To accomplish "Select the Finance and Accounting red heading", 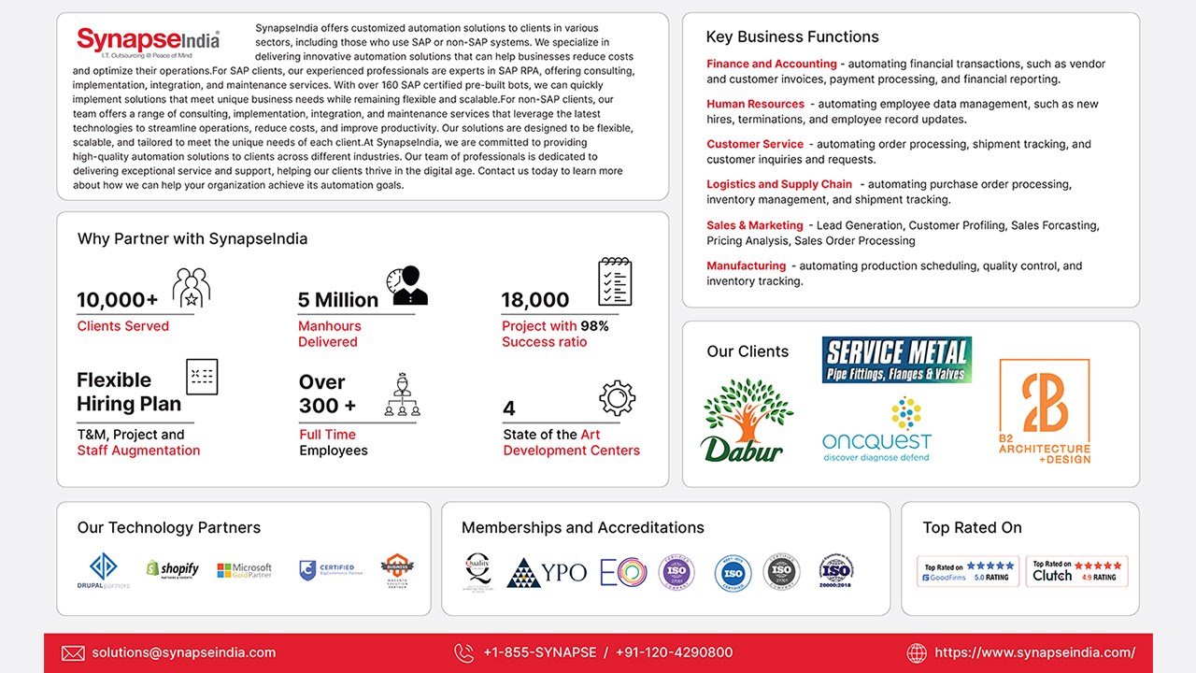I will click(x=771, y=64).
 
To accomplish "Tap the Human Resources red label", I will click(x=755, y=104).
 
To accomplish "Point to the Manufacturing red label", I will click(x=746, y=265).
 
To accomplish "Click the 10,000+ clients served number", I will click(x=118, y=300).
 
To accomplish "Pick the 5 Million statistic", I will click(x=338, y=300).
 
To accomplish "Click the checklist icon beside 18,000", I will click(x=615, y=281).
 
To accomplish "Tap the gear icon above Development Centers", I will click(x=617, y=398).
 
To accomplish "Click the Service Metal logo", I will click(x=896, y=359).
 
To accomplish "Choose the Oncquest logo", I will click(x=876, y=431).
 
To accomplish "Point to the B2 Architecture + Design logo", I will click(x=1044, y=411).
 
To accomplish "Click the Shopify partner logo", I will click(x=172, y=568).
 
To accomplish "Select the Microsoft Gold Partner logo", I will click(x=244, y=569).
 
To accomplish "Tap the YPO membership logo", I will click(x=547, y=572).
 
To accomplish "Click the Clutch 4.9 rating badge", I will click(x=1076, y=571).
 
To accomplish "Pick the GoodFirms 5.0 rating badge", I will click(x=968, y=571).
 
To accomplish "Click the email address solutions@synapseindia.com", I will click(x=183, y=652).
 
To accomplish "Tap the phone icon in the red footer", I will click(x=463, y=652).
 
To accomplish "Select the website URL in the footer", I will click(x=1034, y=652).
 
